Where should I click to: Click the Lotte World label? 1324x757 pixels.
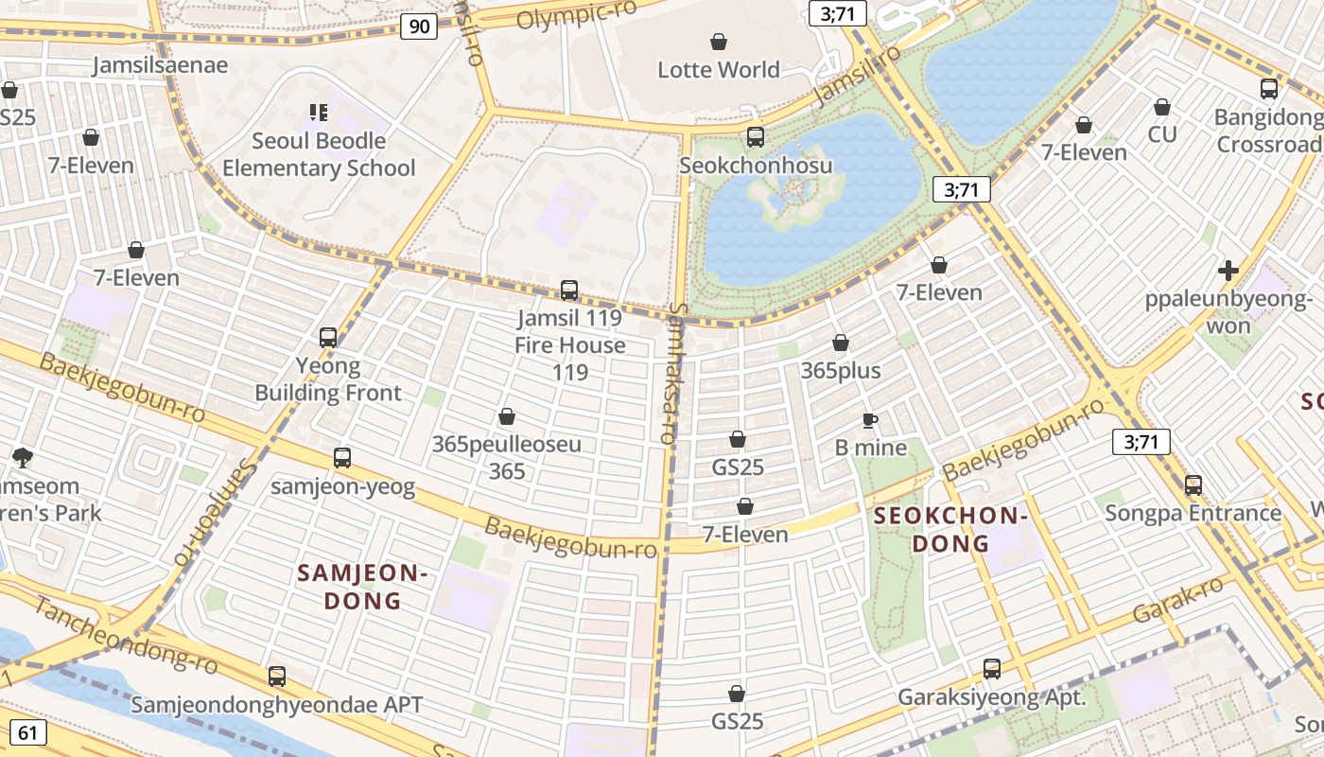pos(719,69)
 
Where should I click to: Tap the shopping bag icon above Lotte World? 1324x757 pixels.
pos(719,42)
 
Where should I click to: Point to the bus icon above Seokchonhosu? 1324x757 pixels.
pos(756,137)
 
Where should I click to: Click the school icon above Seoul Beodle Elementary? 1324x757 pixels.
pos(319,113)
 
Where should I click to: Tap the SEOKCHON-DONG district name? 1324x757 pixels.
pos(950,529)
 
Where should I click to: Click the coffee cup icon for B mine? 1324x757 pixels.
pos(870,420)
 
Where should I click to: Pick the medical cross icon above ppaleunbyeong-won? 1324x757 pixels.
pos(1228,271)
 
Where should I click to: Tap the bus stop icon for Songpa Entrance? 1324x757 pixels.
pos(1193,485)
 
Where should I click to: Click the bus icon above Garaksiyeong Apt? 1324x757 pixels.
pos(991,669)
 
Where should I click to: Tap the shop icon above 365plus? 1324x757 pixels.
pos(841,343)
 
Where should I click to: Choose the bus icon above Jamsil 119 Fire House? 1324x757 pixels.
pos(569,290)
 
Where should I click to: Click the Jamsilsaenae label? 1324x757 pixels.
pos(161,64)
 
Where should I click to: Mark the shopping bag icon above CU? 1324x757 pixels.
pos(1162,107)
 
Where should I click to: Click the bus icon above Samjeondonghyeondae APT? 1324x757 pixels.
pos(277,677)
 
